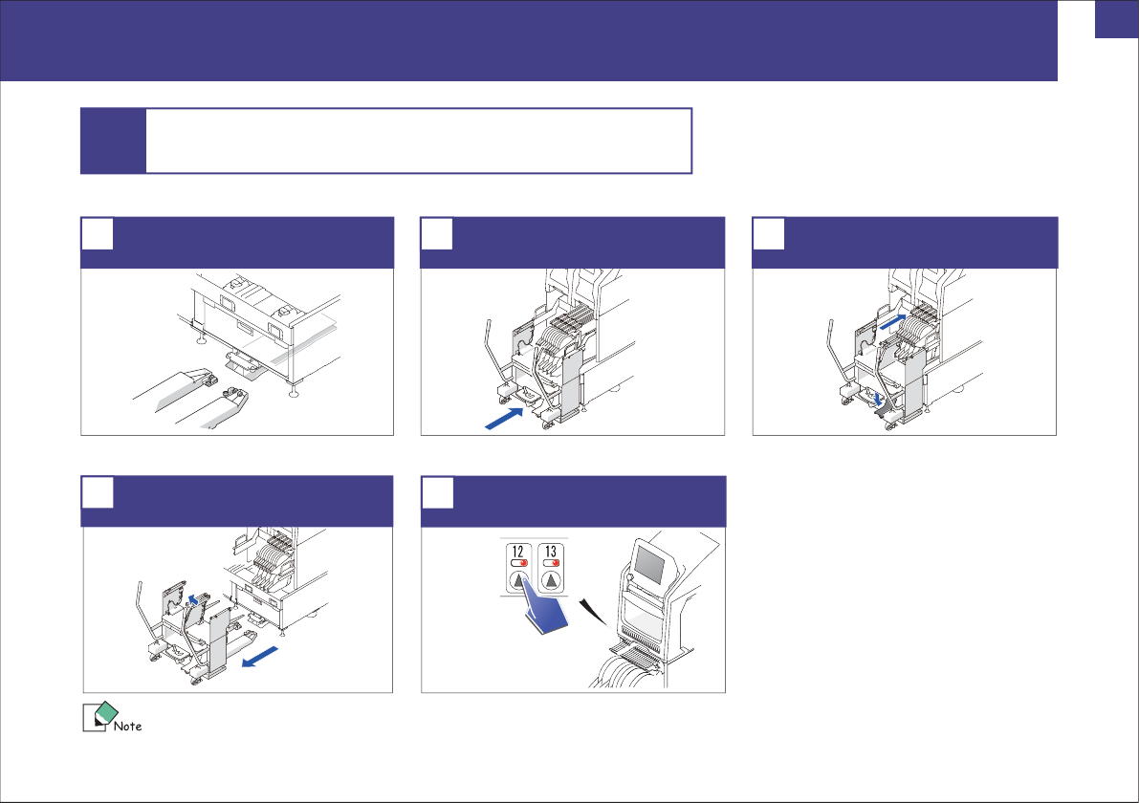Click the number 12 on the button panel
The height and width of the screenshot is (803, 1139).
[x=518, y=552]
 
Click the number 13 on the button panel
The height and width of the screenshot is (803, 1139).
[x=551, y=552]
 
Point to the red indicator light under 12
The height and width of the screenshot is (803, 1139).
[x=522, y=563]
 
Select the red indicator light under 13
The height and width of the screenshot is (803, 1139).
[x=555, y=563]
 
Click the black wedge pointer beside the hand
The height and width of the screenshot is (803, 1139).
[x=593, y=611]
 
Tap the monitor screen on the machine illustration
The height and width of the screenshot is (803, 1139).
[x=648, y=563]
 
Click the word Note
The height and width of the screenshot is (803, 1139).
[x=128, y=726]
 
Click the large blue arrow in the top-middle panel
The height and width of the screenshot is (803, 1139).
[x=504, y=418]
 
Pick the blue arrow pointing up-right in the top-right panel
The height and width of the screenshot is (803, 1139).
[x=893, y=321]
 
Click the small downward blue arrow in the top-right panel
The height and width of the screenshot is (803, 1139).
[x=878, y=398]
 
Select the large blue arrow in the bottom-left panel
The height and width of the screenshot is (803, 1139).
[x=259, y=657]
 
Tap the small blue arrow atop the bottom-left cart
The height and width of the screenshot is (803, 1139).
[x=194, y=599]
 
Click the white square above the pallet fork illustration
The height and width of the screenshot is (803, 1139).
[x=98, y=234]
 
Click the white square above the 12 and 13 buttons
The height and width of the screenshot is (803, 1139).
[x=438, y=493]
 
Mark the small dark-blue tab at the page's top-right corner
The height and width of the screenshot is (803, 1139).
[x=1116, y=19]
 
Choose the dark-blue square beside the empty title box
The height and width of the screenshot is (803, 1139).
[x=113, y=141]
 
